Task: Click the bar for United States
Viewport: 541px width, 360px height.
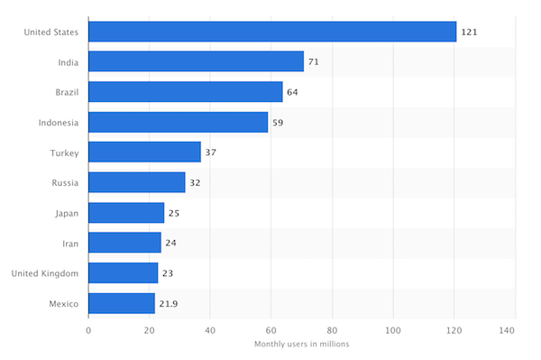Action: point(272,32)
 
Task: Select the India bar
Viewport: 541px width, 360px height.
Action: point(196,61)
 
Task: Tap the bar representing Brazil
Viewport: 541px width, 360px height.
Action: point(186,92)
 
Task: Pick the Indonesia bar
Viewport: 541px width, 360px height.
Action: point(178,122)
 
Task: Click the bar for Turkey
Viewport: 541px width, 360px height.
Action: point(144,152)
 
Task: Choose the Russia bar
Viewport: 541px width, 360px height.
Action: point(137,183)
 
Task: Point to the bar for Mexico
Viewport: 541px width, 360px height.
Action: point(122,304)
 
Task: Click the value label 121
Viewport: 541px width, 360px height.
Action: point(469,32)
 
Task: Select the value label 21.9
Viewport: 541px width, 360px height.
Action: point(169,304)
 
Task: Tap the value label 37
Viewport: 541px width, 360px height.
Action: point(210,152)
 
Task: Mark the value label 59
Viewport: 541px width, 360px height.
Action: point(278,122)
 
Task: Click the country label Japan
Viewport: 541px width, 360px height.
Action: point(65,213)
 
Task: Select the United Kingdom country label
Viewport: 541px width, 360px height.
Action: point(45,273)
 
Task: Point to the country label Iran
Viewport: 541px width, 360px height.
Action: point(70,244)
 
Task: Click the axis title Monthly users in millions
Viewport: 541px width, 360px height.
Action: point(301,345)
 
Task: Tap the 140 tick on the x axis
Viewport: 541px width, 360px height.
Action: point(514,330)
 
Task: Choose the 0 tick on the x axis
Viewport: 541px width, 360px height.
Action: point(88,330)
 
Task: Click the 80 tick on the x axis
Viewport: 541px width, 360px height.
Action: point(332,330)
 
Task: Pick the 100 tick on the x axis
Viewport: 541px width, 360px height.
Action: point(393,330)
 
